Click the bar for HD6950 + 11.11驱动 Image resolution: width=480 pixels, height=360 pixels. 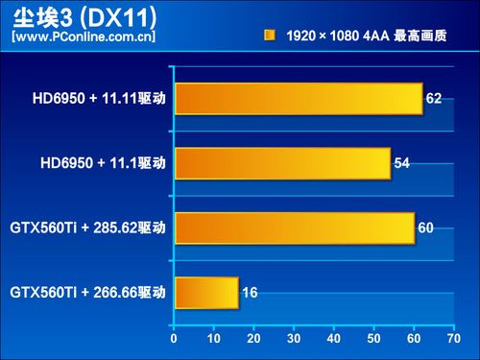[298, 99]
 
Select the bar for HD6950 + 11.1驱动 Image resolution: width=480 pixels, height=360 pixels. [281, 163]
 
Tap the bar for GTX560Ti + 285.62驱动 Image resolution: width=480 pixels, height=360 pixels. [294, 228]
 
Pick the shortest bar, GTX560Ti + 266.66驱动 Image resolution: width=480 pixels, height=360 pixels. [205, 292]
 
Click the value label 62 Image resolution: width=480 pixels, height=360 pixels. [434, 99]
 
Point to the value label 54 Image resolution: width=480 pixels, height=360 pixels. [401, 163]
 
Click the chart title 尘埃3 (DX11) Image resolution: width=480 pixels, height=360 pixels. [81, 18]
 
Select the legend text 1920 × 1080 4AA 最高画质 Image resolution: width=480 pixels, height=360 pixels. [365, 36]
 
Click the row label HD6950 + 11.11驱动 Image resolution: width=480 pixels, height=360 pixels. [97, 99]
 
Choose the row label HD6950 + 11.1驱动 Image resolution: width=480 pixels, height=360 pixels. [100, 163]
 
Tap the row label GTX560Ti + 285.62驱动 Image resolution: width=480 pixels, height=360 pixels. [87, 228]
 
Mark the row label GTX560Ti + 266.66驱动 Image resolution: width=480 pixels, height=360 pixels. [87, 292]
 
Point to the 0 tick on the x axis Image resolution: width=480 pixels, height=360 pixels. [173, 338]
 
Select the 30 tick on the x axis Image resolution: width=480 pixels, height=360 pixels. [292, 338]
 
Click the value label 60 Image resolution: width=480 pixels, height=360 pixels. [426, 228]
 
